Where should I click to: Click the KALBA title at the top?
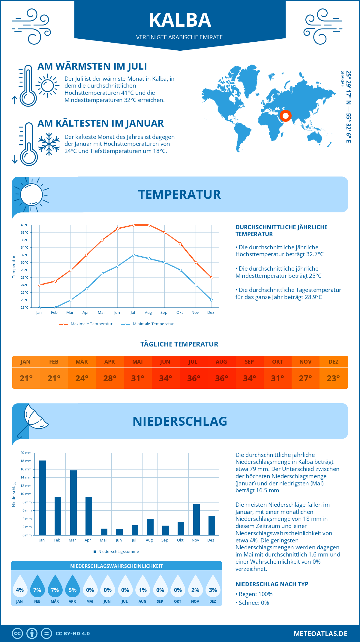[x=180, y=20]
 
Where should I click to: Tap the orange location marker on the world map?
[x=285, y=115]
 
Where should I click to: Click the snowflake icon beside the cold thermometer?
[x=49, y=144]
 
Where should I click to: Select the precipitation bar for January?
[x=43, y=498]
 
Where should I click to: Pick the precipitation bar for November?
[x=196, y=519]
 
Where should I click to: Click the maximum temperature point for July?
[x=133, y=225]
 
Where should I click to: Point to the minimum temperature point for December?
[x=211, y=300]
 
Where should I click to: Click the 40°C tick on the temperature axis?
[x=25, y=225]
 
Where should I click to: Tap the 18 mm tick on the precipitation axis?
[x=26, y=461]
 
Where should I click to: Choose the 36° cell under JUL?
[x=193, y=378]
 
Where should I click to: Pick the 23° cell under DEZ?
[x=333, y=378]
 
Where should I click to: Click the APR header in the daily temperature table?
[x=109, y=362]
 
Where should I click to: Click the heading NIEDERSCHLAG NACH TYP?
[x=272, y=584]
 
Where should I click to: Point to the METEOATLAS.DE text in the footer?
[x=320, y=634]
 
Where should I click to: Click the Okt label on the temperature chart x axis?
[x=179, y=313]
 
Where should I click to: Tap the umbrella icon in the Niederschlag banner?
[x=33, y=418]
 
